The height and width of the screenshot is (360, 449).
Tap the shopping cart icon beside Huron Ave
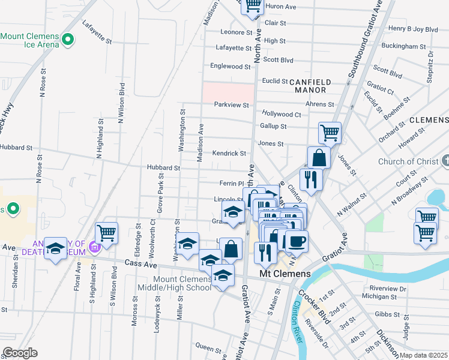click(x=253, y=6)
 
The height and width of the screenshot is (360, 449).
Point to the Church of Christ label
click(x=408, y=161)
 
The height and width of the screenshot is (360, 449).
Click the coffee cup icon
click(x=296, y=242)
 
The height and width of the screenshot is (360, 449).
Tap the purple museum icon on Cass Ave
click(x=94, y=247)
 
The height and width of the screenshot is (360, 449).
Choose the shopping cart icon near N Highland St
click(x=106, y=233)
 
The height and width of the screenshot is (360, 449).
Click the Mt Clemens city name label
click(x=285, y=274)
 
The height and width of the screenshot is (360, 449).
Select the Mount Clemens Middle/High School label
click(x=174, y=283)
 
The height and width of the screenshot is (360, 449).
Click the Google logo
click(x=20, y=353)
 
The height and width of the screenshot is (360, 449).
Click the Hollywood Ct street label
click(x=281, y=114)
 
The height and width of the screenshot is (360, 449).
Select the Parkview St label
click(x=232, y=104)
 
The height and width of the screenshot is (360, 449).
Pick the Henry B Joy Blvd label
click(x=413, y=28)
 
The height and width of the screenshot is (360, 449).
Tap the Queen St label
click(x=208, y=347)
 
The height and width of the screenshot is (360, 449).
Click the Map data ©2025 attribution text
click(x=424, y=355)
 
